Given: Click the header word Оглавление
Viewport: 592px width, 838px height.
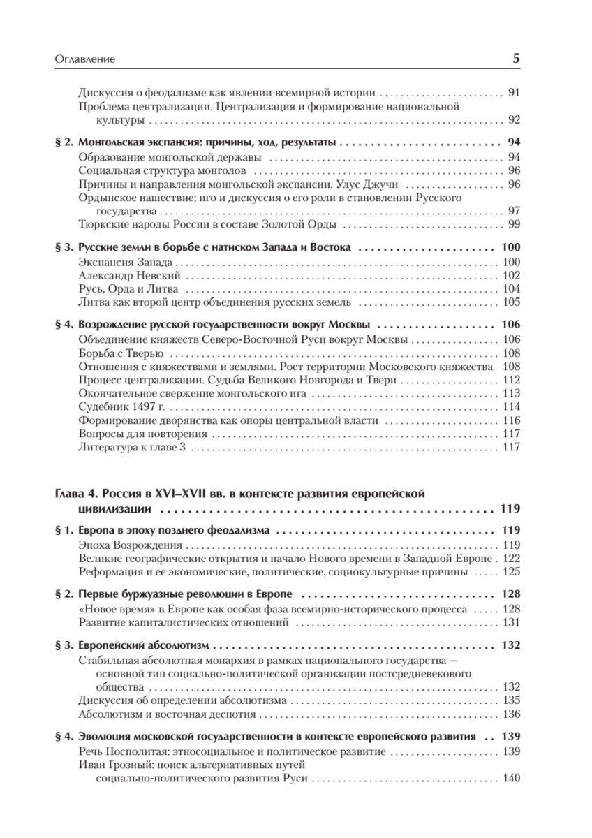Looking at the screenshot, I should [84, 60].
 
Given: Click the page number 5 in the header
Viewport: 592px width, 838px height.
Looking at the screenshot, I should [516, 59].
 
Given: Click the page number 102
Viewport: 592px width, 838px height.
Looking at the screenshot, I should [511, 276].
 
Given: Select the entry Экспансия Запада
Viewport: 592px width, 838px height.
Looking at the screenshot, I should [126, 263].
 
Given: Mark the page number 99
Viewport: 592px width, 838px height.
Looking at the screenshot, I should [515, 223].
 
